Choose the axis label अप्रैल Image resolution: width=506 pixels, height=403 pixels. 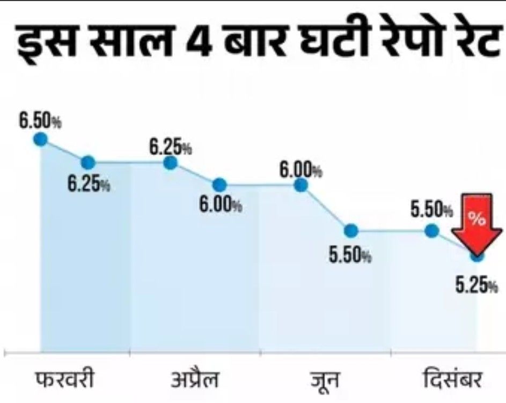195,380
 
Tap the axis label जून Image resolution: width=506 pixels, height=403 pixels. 325,380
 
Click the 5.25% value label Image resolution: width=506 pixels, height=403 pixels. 476,286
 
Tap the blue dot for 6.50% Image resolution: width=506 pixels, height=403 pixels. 40,140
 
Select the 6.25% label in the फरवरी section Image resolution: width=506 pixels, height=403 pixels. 89,184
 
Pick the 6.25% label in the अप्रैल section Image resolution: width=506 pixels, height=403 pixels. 171,146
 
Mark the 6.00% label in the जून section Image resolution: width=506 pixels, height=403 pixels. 300,170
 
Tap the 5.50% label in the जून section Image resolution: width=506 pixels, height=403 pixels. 350,254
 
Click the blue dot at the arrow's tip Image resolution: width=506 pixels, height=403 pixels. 476,256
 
